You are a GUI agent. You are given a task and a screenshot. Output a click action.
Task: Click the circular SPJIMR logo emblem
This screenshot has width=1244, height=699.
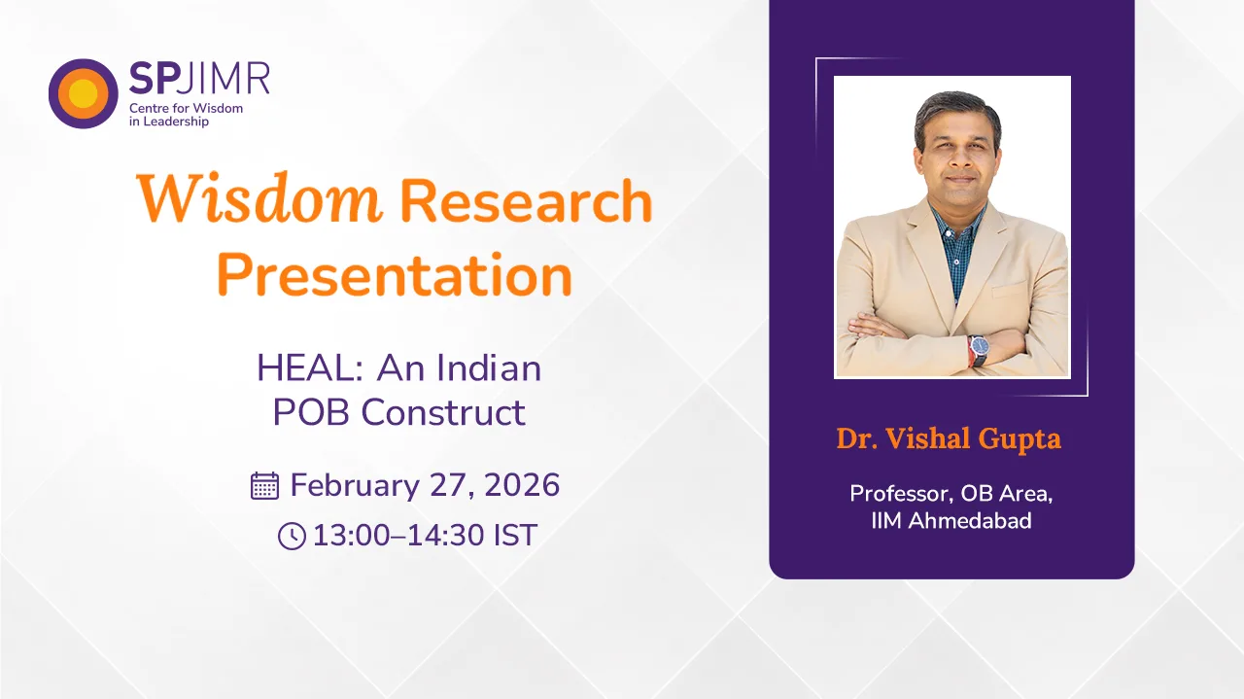pos(84,93)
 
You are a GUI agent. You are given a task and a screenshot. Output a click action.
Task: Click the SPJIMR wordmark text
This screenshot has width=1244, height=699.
pos(199,78)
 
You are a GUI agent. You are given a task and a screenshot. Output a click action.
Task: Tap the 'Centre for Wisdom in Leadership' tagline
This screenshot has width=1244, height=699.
pos(186,115)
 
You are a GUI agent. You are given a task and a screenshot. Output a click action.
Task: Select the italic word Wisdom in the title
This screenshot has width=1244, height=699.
pos(259,199)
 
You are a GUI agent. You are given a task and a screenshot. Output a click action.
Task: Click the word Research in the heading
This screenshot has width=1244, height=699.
pos(526,201)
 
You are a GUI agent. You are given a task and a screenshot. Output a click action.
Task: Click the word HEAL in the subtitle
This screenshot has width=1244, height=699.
pos(310,368)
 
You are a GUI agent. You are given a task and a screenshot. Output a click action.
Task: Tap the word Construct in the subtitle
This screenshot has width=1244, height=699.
pos(443,412)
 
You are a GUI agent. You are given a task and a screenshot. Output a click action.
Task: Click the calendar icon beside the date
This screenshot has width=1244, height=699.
pos(264,485)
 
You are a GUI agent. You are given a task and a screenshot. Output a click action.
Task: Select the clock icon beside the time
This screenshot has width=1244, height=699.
pos(292,536)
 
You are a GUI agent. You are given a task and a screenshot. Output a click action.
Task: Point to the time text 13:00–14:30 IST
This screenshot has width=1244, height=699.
pos(425,536)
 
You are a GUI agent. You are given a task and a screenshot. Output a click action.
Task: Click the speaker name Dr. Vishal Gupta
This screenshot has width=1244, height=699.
pos(949,438)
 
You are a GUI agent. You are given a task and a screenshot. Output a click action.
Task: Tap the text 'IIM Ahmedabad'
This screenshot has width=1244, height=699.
pos(951,521)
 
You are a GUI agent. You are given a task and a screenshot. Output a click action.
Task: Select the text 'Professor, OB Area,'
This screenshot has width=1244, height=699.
pos(951,494)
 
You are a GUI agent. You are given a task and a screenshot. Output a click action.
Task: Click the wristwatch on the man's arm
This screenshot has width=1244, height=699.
pos(977,349)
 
